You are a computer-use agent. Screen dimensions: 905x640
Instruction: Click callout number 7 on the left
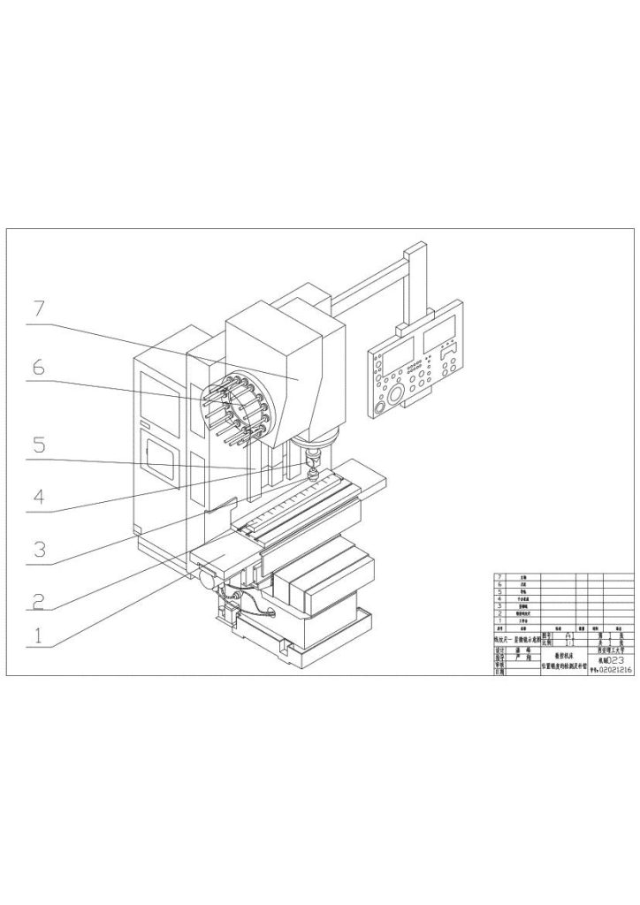pos(38,309)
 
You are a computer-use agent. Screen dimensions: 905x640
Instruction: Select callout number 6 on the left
pos(38,367)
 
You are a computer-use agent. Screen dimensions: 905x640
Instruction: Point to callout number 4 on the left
pos(38,497)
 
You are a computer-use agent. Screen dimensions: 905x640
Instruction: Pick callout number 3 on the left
pos(38,548)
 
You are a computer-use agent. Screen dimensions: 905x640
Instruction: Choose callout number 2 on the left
pos(38,601)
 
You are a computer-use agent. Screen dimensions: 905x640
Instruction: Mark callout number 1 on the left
pos(38,635)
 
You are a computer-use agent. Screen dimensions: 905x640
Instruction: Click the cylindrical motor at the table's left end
pos(210,581)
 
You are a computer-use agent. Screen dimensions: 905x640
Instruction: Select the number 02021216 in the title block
pos(613,671)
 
